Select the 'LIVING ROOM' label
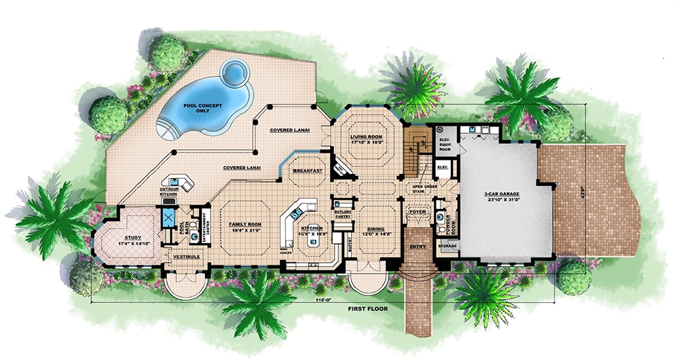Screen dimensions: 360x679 pos(367,139)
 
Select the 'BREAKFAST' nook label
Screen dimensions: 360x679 pos(307,170)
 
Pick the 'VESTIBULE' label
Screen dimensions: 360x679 pos(185,257)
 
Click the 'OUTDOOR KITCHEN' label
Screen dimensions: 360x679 pos(169,192)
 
